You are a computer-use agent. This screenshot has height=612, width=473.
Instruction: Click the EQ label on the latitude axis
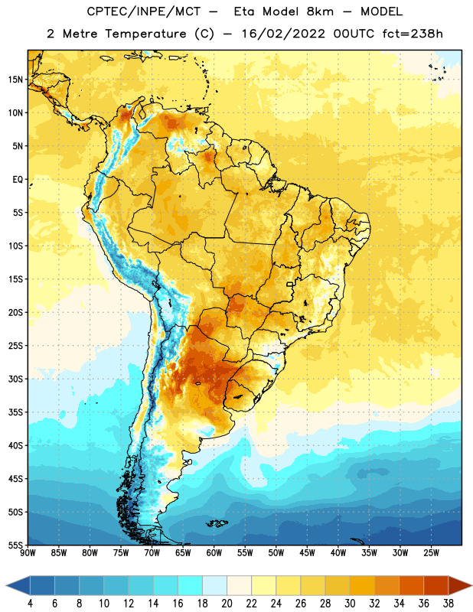(18, 180)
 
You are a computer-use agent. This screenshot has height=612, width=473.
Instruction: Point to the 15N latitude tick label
(15, 80)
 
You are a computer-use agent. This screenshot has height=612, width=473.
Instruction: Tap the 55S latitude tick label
(15, 545)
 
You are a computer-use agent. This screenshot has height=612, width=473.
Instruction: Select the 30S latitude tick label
(15, 379)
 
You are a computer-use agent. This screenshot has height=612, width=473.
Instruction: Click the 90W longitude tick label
(28, 553)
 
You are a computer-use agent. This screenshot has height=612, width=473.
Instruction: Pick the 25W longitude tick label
(431, 553)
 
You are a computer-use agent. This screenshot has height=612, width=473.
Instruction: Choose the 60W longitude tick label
(214, 553)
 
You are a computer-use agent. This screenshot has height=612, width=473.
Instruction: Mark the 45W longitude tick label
(307, 553)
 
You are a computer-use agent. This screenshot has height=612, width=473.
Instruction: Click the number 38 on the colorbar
(449, 604)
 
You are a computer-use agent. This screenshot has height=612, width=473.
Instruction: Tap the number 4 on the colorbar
(30, 604)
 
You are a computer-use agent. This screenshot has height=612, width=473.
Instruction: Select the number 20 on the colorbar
(227, 604)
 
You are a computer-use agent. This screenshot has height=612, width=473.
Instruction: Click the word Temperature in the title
(145, 34)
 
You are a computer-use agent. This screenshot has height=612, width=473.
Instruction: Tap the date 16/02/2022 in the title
(283, 34)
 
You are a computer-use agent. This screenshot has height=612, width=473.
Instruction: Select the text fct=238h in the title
(413, 34)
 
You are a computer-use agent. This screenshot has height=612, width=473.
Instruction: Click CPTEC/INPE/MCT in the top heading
(143, 11)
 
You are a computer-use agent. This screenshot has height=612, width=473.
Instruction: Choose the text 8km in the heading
(320, 11)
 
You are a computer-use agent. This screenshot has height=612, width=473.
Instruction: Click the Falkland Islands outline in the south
(217, 523)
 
